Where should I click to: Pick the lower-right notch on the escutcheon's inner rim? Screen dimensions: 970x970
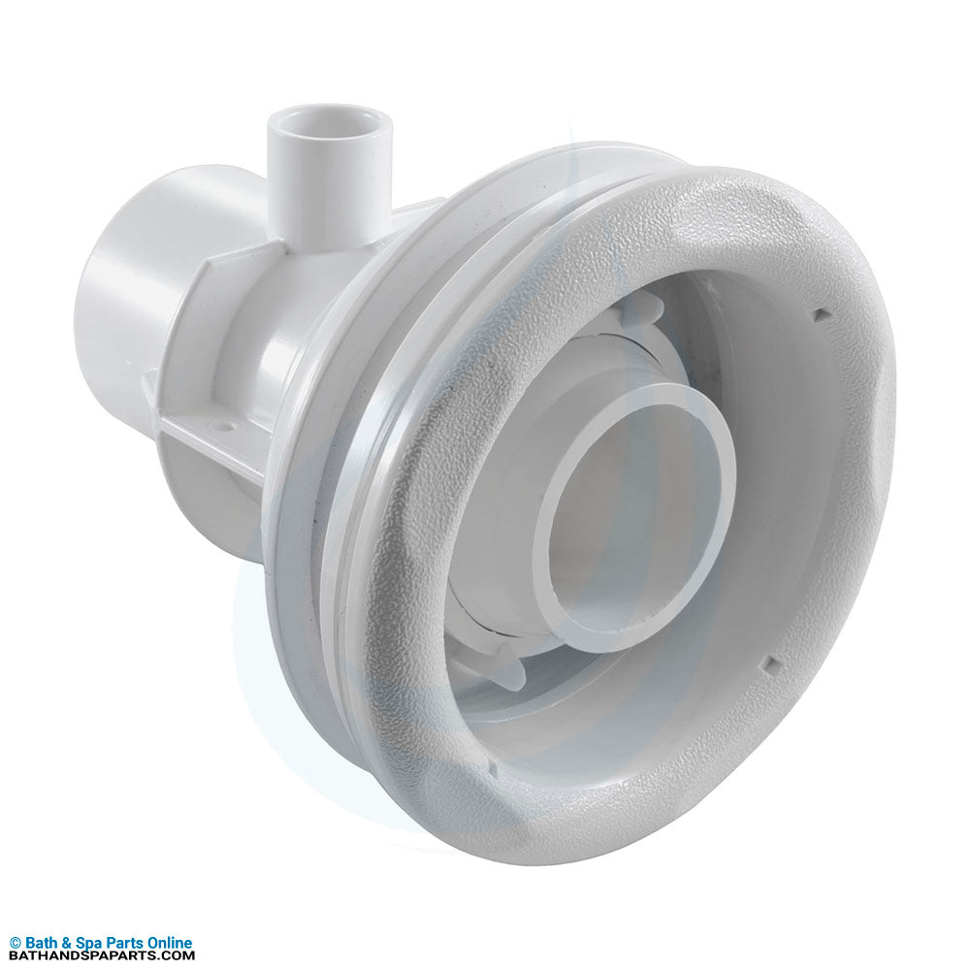pyautogui.click(x=770, y=663)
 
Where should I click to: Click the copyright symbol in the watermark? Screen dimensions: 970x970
pyautogui.click(x=15, y=944)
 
